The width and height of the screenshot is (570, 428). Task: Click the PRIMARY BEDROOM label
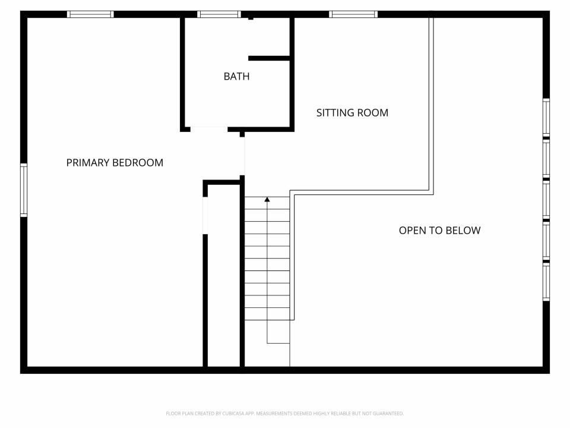(x=115, y=162)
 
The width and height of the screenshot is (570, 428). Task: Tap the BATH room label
(x=236, y=76)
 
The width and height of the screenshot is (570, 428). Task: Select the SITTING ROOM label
(x=352, y=112)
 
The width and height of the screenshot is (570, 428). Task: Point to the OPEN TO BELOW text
(x=439, y=230)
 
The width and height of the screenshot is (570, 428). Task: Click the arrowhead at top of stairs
(x=267, y=200)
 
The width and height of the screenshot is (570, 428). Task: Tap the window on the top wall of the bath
(x=219, y=14)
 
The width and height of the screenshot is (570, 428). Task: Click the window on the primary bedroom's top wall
(x=90, y=14)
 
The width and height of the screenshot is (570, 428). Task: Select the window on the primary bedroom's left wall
(x=24, y=190)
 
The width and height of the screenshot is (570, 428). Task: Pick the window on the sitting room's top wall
(x=353, y=14)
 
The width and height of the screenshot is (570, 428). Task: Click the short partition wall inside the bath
(x=268, y=58)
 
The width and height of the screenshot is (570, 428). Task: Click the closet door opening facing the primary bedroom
(x=205, y=215)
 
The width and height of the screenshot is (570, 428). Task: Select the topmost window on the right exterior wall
(x=546, y=117)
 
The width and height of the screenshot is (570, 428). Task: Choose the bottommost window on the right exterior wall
(x=546, y=282)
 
